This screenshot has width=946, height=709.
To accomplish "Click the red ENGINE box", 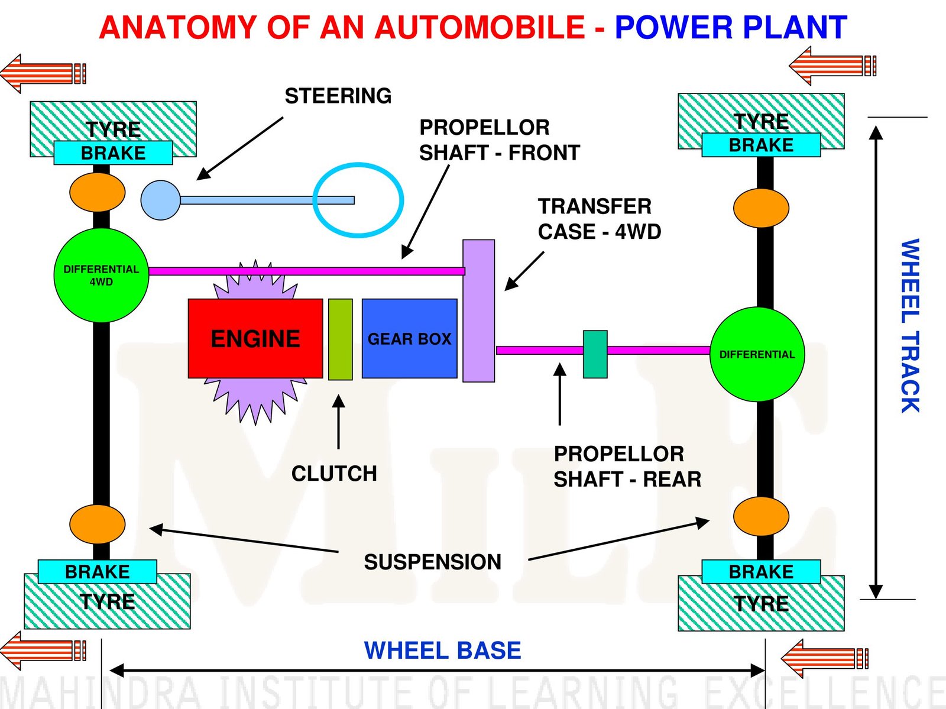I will pos(255,338).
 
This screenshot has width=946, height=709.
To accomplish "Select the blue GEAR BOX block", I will pos(409,338).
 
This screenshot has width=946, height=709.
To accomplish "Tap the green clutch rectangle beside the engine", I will pos(340,339).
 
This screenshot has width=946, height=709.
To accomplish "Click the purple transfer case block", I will pos(478,310).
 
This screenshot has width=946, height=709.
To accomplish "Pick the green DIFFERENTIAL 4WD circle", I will pos(101,276).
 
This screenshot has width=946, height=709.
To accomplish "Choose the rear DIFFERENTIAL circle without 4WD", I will pos(757,354).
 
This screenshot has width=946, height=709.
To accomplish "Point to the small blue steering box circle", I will pos(160,200).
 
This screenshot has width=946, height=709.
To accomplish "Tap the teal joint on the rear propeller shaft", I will pos(595,354).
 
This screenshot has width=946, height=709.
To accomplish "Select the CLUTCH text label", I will pos(334,473).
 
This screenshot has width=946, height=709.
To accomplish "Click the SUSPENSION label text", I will pos(432,562).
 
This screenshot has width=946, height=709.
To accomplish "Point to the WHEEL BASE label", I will pos(442,650).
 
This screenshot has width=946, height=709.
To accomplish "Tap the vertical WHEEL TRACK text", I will pos(910,325).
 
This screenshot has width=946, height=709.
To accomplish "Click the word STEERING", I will pos(338,96).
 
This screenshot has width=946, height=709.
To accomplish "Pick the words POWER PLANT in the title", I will pos(731,28).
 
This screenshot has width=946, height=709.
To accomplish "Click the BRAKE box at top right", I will pos(761,145).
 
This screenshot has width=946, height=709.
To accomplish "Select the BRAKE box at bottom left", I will pos(97,572).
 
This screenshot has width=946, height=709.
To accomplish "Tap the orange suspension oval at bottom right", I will pos(761,516).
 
